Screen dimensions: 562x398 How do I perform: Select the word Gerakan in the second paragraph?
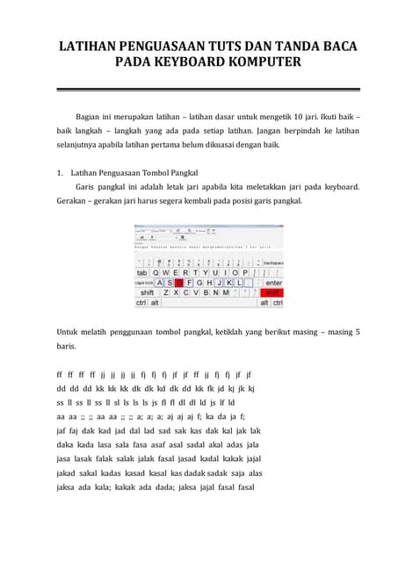(73, 200)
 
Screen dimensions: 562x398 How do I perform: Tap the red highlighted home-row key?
(178, 283)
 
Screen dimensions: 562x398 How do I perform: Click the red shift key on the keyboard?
(273, 292)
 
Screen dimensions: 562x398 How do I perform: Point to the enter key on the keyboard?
(273, 283)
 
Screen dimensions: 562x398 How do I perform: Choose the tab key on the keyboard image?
(141, 272)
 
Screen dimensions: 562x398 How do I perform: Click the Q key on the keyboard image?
(156, 272)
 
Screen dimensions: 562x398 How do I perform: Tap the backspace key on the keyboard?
(273, 263)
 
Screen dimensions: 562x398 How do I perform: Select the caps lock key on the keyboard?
(143, 283)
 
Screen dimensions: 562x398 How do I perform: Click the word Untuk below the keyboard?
(69, 332)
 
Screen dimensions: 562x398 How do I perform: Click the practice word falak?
(123, 459)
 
